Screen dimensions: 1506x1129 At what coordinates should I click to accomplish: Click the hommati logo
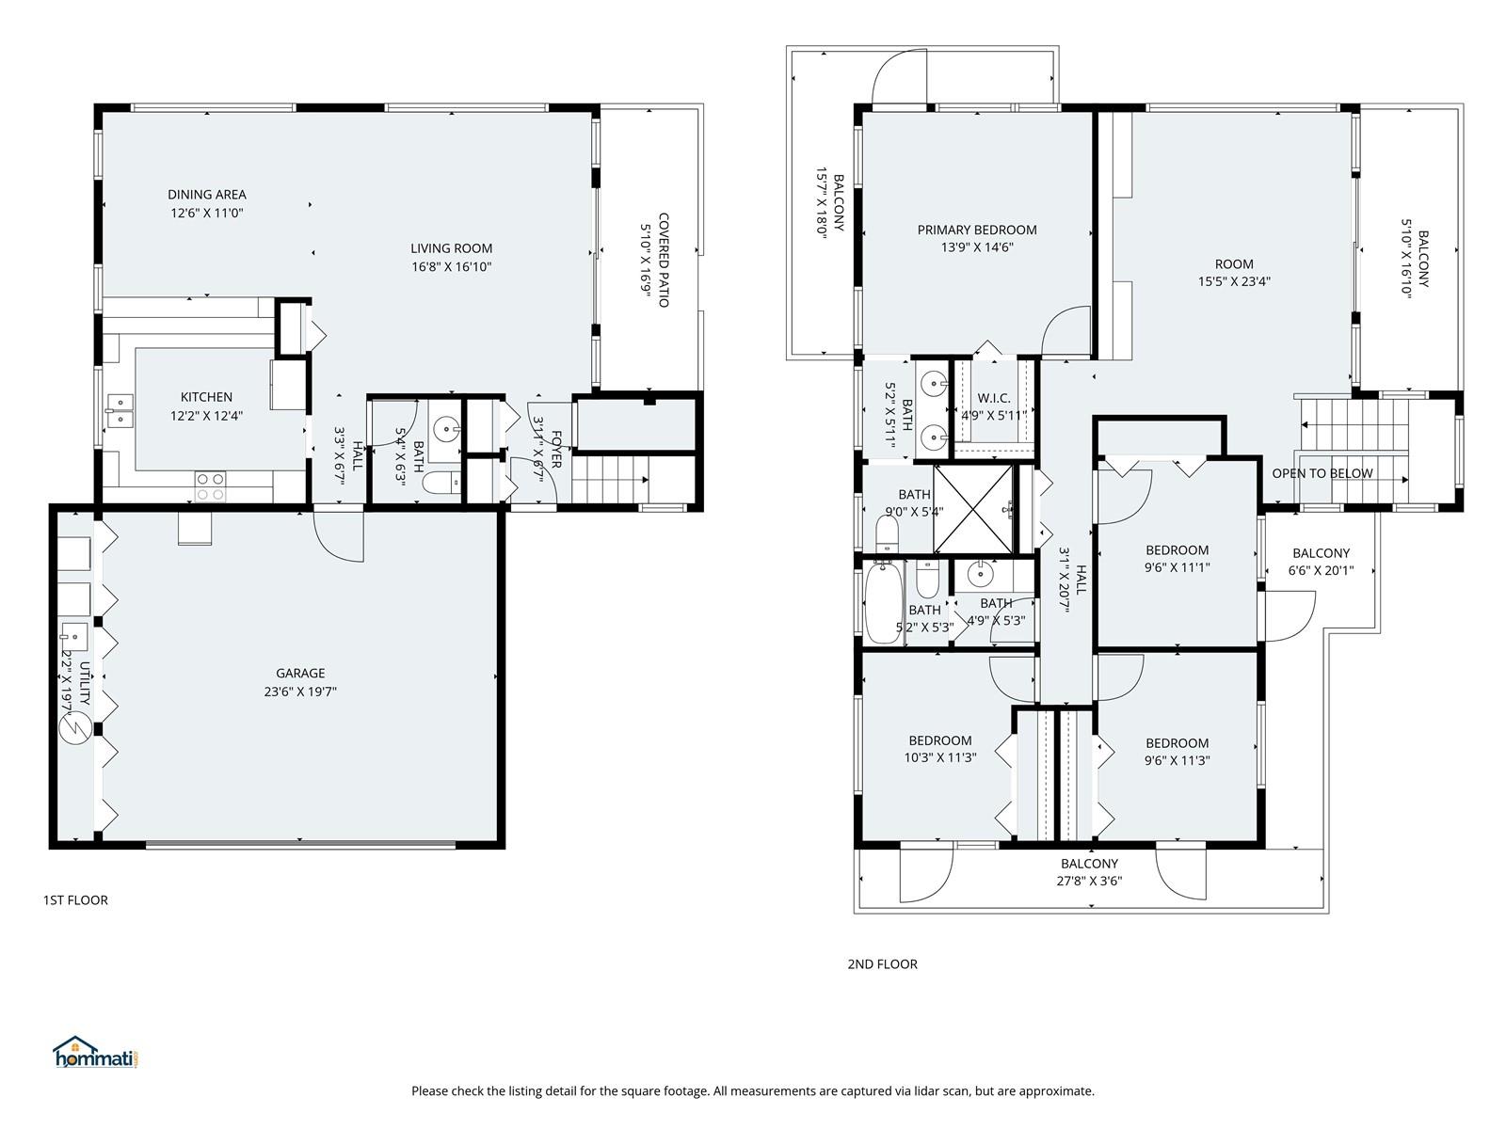(95, 1052)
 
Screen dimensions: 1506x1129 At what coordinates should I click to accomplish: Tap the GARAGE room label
(300, 673)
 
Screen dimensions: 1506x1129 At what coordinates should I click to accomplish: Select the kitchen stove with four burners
(210, 486)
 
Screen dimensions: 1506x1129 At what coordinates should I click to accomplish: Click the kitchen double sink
(120, 410)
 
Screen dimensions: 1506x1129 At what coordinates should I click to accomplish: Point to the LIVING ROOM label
(452, 248)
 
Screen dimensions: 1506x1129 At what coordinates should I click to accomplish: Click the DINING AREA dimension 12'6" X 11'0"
(206, 213)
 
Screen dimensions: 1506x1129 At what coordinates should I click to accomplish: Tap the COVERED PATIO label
(664, 260)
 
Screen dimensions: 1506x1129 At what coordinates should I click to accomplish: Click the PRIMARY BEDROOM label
(977, 230)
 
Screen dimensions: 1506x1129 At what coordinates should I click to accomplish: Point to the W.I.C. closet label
(993, 398)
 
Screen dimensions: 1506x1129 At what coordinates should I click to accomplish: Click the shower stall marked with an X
(973, 509)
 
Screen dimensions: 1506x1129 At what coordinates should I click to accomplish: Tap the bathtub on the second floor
(883, 602)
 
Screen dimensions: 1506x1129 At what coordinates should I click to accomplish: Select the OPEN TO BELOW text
(1322, 473)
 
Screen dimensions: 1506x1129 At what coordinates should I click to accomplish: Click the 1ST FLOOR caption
(75, 900)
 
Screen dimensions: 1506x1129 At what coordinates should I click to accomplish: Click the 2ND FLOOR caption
(882, 963)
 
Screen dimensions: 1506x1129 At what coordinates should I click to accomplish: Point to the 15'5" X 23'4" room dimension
(1234, 281)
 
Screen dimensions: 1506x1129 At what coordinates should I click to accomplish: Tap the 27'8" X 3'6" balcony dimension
(1089, 881)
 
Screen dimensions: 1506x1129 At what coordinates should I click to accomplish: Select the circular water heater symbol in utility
(74, 728)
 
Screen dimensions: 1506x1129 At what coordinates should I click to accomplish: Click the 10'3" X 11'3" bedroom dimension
(940, 757)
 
